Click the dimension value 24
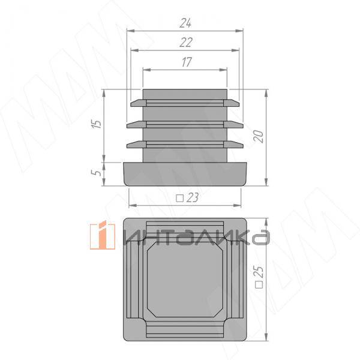185,23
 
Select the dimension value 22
186,43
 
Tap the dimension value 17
187,62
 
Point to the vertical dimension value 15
97,124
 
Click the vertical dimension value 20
259,136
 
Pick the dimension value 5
97,172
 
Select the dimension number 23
193,197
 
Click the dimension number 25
259,271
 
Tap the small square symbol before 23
179,198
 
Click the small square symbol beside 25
259,284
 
